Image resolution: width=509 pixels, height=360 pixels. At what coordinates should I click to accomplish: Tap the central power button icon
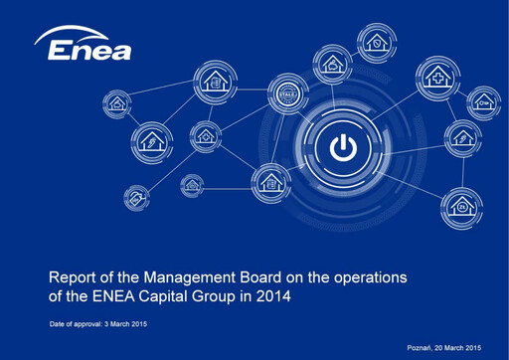click(x=340, y=149)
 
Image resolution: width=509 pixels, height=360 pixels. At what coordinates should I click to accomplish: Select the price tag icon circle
click(x=132, y=199)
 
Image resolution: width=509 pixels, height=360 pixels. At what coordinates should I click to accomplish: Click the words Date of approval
click(x=81, y=325)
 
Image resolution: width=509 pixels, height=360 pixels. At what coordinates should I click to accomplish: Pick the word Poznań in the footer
click(x=424, y=346)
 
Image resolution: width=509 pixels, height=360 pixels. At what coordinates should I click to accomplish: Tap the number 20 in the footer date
click(x=446, y=346)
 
